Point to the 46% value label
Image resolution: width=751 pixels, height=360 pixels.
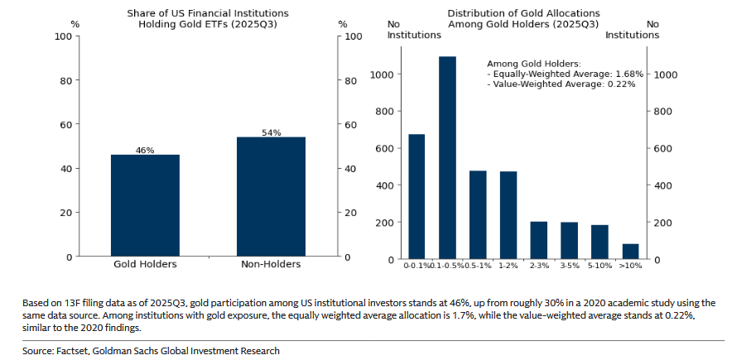point(145,150)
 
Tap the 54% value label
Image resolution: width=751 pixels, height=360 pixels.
point(271,132)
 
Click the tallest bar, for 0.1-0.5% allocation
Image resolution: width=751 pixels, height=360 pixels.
point(447,158)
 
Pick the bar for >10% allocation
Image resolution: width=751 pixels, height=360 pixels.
point(630,252)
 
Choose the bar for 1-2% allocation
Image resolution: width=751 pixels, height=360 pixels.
point(508,215)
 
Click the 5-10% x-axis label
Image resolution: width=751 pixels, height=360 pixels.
point(599,266)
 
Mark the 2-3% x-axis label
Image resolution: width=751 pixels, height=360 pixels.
point(539,266)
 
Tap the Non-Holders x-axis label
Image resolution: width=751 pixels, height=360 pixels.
point(271,265)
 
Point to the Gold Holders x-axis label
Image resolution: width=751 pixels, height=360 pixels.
point(145,265)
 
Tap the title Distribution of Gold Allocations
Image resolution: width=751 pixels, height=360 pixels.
point(523,13)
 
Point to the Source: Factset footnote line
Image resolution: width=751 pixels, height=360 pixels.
point(151,351)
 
